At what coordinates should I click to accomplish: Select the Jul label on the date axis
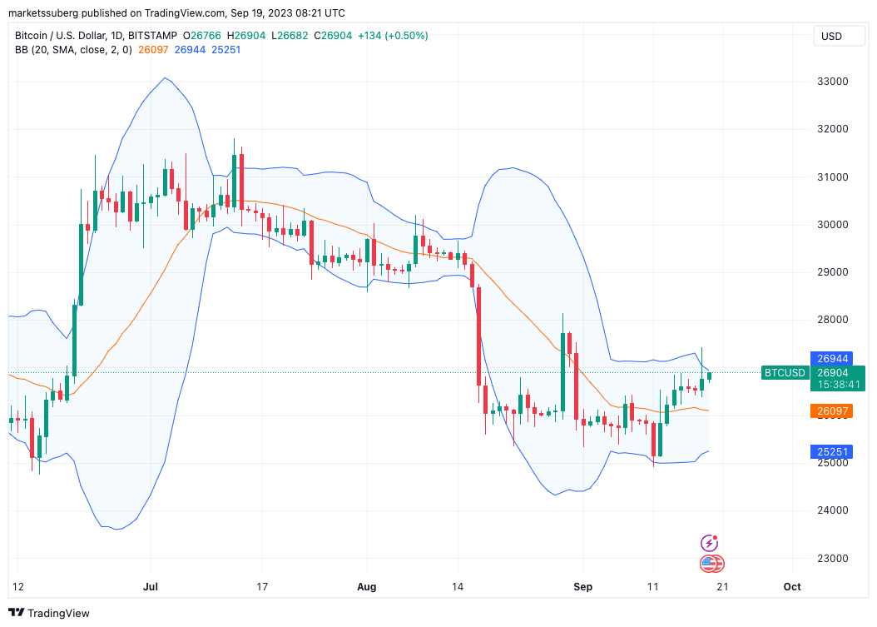[151, 587]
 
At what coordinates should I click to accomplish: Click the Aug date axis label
[366, 587]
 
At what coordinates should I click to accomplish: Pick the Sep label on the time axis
[583, 587]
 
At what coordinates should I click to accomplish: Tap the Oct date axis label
[792, 587]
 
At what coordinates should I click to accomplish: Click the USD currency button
[831, 36]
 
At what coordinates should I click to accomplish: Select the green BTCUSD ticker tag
[785, 373]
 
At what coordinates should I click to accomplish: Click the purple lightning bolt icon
[710, 543]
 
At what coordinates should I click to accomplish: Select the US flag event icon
[709, 564]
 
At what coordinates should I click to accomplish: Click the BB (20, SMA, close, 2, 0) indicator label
[74, 50]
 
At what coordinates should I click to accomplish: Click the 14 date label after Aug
[457, 587]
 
